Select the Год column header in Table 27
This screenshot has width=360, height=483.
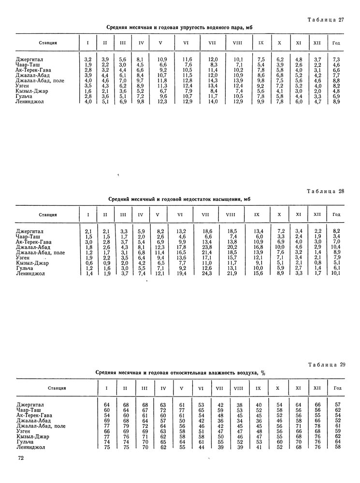(336, 43)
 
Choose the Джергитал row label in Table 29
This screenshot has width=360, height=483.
(29, 404)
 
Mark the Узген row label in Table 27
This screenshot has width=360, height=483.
(24, 85)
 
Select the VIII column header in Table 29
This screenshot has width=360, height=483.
(239, 388)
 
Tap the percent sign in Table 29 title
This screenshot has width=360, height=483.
(263, 373)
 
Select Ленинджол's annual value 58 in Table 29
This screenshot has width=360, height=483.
(338, 447)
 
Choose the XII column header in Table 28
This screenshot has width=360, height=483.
(317, 214)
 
